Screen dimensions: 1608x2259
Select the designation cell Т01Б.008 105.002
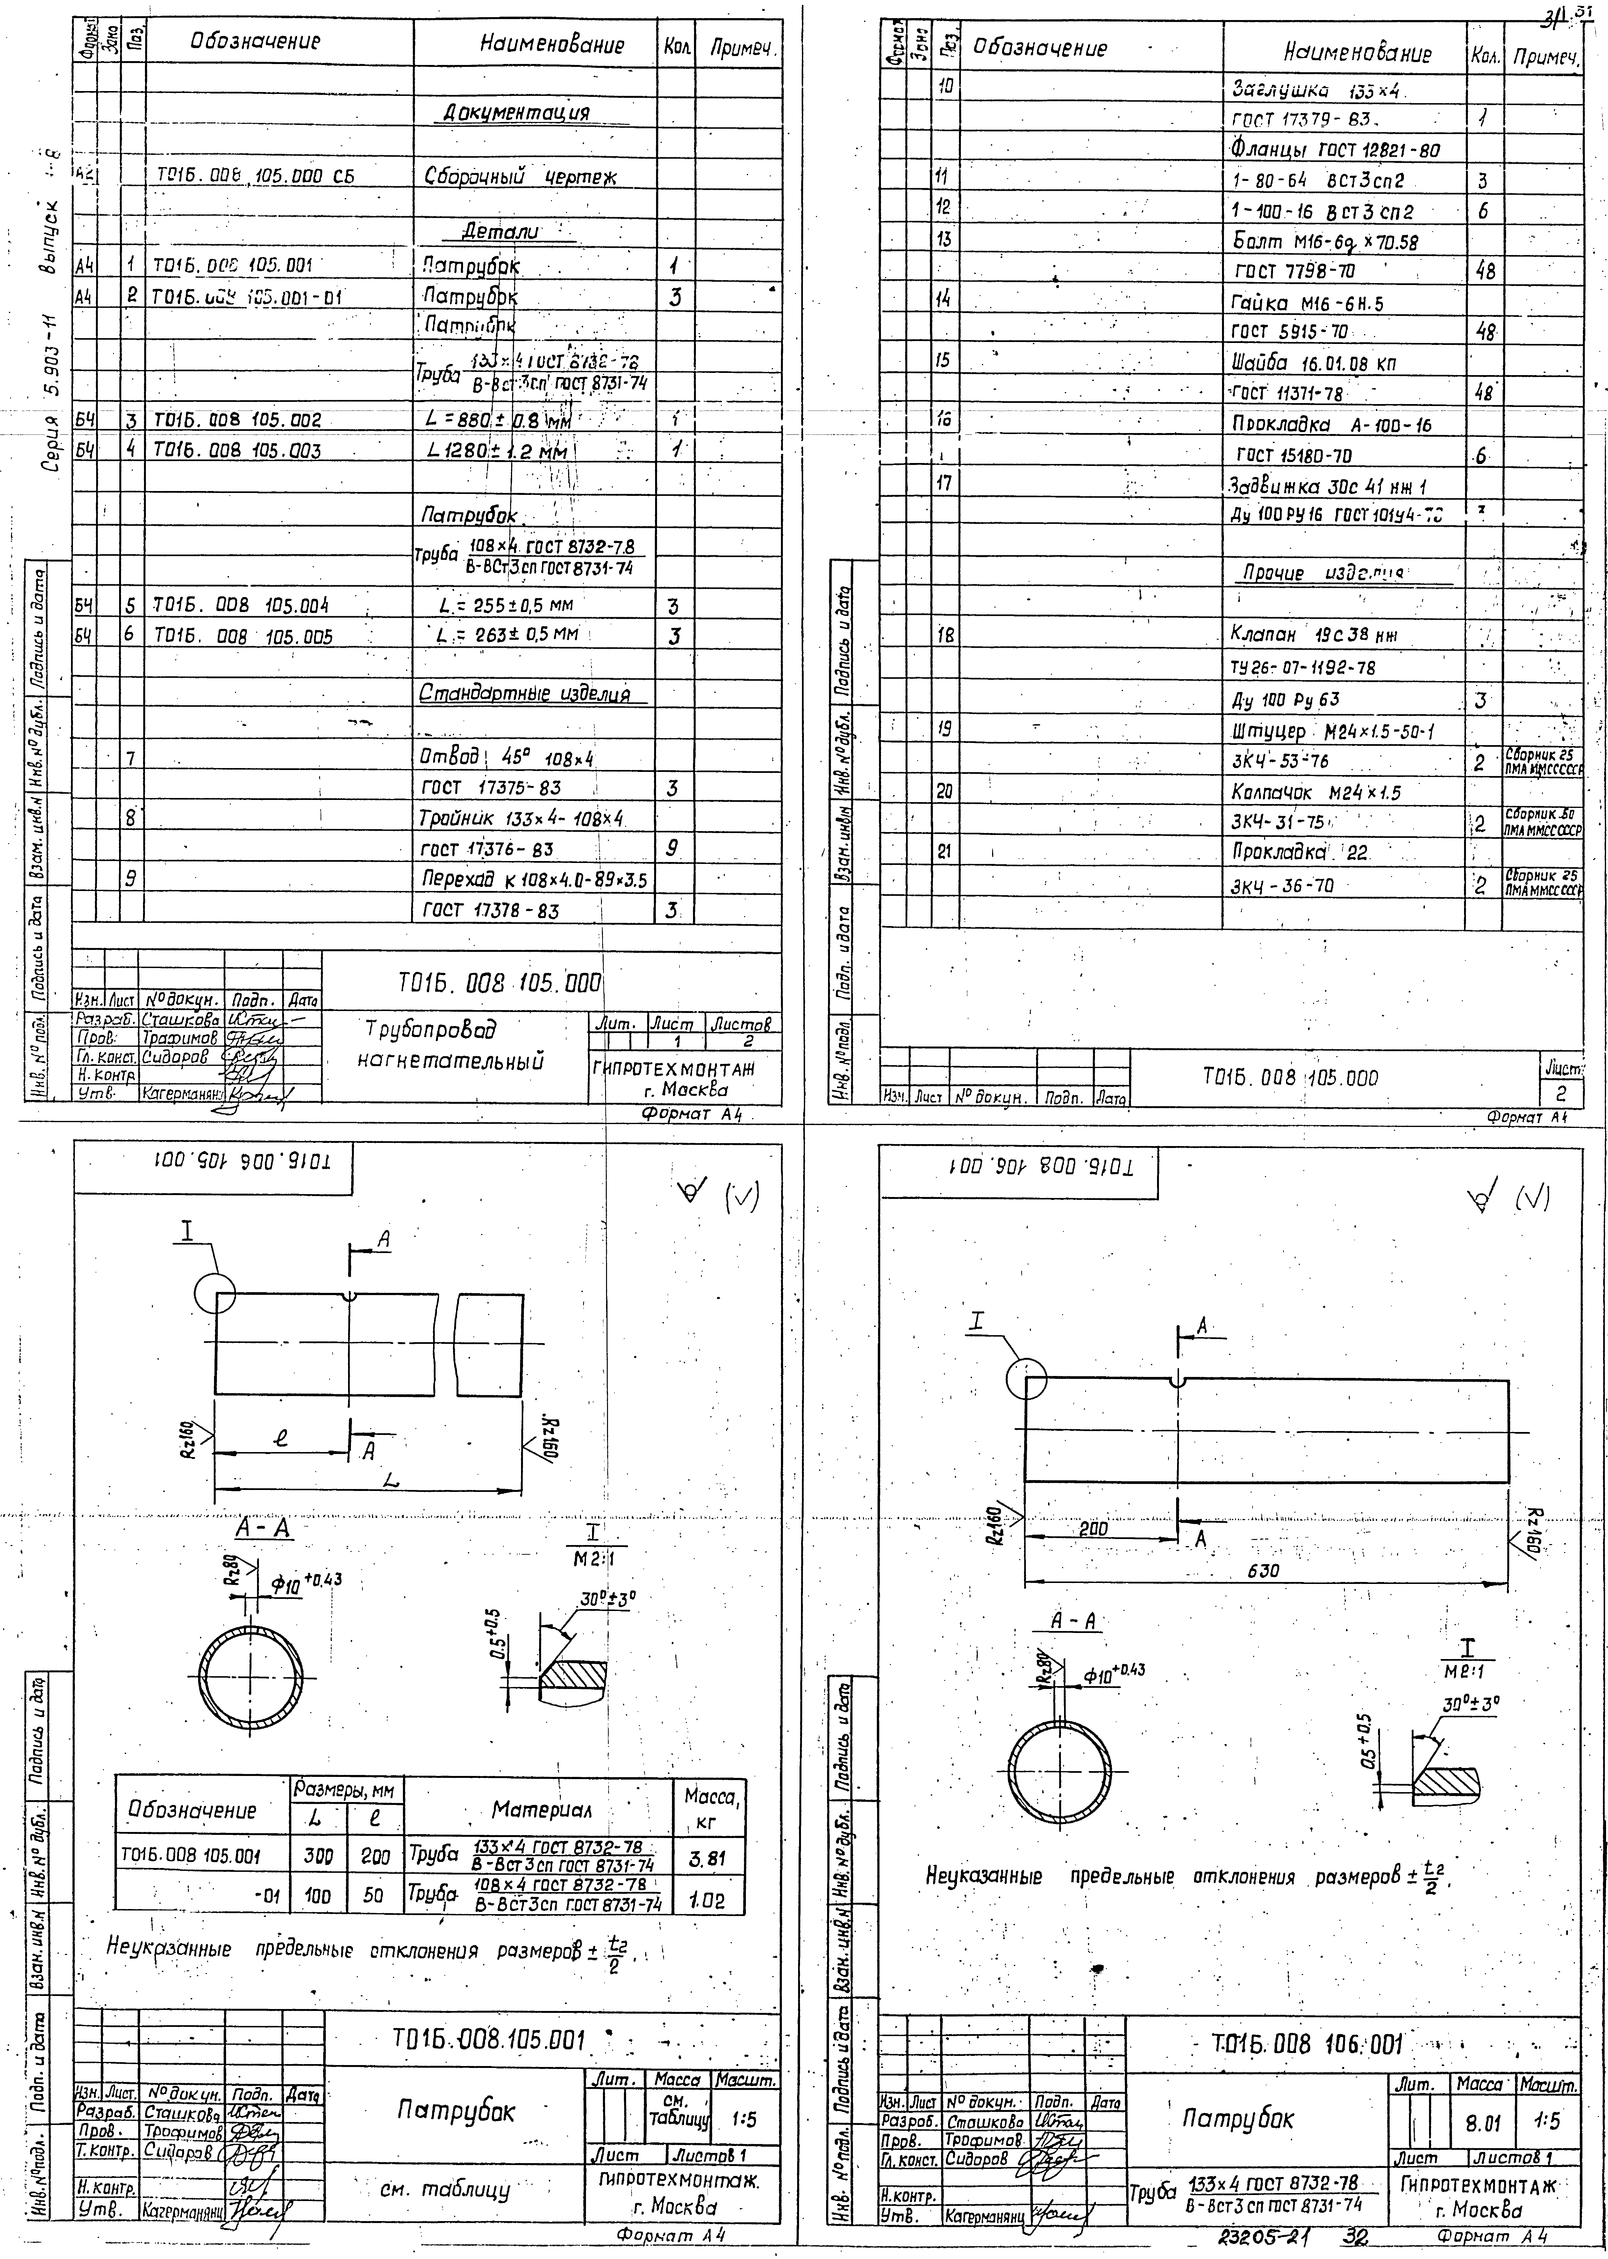(x=237, y=420)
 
